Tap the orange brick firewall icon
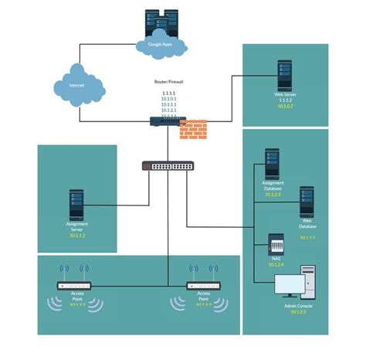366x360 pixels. click(193, 129)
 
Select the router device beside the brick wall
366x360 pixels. click(164, 121)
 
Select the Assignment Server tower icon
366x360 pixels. click(76, 205)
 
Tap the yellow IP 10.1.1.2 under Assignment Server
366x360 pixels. click(76, 235)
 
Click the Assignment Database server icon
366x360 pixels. click(273, 164)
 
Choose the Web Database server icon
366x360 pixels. click(307, 201)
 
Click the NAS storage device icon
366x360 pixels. click(276, 246)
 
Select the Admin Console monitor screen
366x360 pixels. click(290, 286)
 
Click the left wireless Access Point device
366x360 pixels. click(75, 285)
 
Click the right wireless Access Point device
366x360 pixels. click(204, 285)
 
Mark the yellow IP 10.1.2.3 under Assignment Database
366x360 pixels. click(272, 195)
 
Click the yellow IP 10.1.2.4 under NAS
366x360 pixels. click(276, 265)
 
